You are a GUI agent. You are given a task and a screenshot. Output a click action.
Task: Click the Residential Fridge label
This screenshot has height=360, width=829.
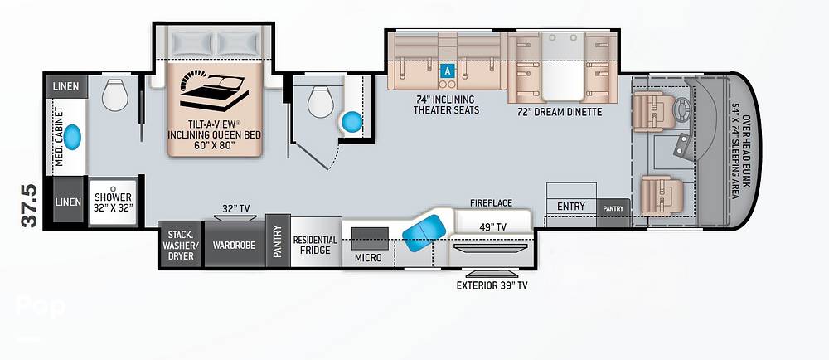315,245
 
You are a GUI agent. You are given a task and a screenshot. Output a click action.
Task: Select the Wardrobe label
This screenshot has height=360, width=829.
235,246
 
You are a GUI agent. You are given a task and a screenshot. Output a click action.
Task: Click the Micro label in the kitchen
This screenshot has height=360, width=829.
368,257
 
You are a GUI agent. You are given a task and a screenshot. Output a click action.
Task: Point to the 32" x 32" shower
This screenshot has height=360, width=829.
114,202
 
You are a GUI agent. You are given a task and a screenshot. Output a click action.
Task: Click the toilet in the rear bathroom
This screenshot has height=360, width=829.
114,95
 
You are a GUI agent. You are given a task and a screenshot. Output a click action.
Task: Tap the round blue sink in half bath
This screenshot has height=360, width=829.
352,122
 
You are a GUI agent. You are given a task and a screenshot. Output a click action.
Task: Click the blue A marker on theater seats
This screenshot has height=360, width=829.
448,71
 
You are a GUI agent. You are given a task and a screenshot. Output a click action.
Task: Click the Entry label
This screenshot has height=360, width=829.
570,207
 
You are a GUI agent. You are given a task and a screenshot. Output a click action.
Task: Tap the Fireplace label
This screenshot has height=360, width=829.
491,203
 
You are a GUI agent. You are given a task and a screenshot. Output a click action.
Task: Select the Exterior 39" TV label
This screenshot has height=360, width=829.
492,286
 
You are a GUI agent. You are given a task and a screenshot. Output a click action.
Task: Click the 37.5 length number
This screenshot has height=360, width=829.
30,207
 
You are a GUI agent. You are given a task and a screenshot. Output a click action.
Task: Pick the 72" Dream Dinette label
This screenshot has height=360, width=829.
560,112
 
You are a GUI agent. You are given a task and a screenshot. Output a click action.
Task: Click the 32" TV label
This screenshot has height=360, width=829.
235,208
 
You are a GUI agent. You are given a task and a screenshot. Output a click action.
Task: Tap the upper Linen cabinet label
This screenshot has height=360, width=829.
66,86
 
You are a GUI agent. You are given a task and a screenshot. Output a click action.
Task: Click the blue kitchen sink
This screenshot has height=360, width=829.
424,231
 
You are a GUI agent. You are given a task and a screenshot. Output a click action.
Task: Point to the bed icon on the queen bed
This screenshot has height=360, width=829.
213,90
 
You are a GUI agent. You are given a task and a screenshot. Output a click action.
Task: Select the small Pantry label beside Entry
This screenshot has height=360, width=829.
613,208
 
